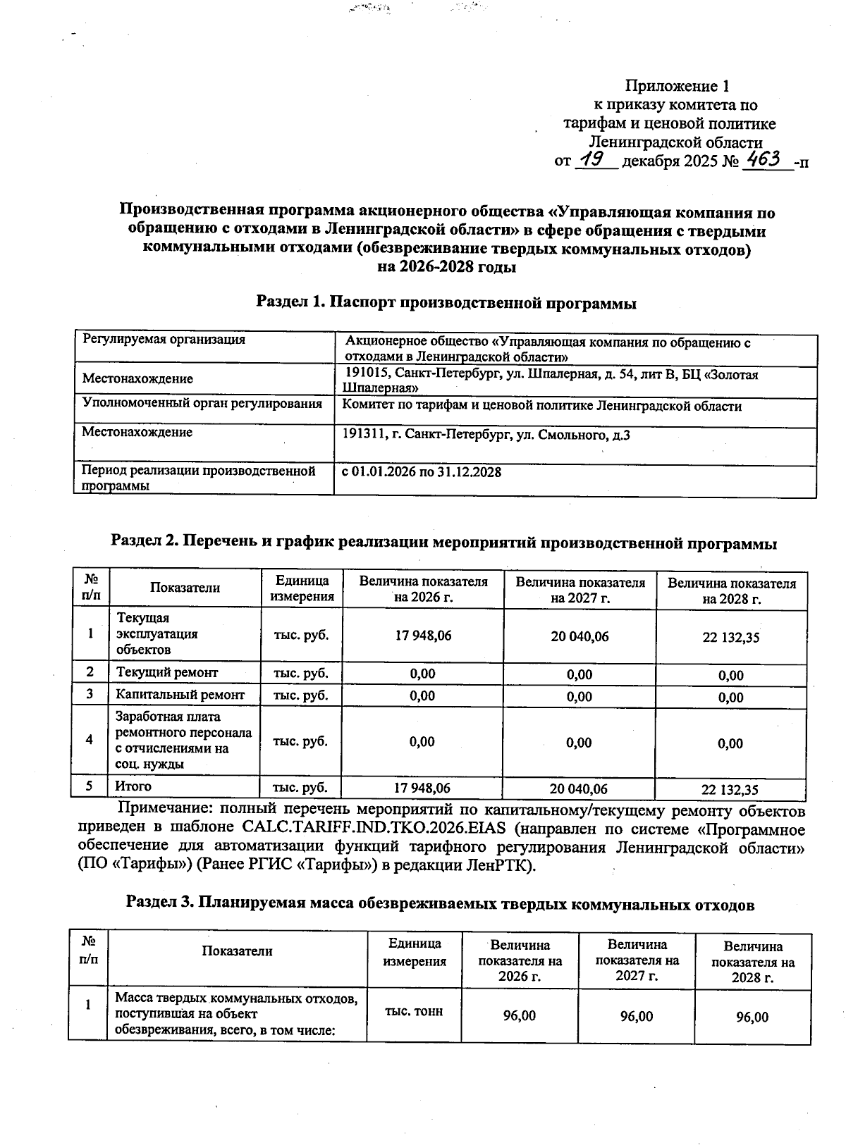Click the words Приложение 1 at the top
(x=677, y=87)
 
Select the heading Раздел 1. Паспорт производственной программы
(x=446, y=303)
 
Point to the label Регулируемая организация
(x=164, y=340)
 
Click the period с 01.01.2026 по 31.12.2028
(x=422, y=472)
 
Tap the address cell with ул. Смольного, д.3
(x=486, y=435)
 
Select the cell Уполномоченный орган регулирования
(x=202, y=404)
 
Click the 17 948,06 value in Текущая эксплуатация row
(x=423, y=636)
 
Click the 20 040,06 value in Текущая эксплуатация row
(x=580, y=636)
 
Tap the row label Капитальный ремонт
(x=180, y=695)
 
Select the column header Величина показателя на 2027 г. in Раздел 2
(x=580, y=590)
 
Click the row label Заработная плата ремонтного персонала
(x=183, y=740)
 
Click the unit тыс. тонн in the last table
(x=414, y=1011)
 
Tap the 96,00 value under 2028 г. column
(x=752, y=1017)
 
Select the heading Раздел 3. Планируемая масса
(x=440, y=904)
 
